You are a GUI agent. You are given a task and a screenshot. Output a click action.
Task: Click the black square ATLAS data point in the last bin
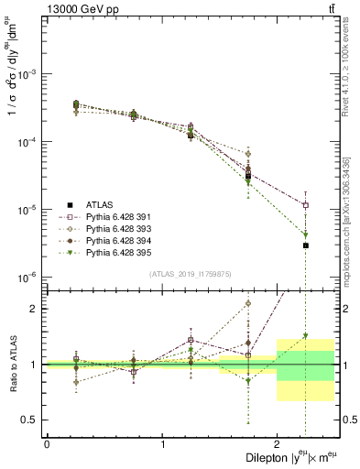tap(305, 245)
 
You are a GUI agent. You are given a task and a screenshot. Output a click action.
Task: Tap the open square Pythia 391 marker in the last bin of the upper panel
tap(305, 205)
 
